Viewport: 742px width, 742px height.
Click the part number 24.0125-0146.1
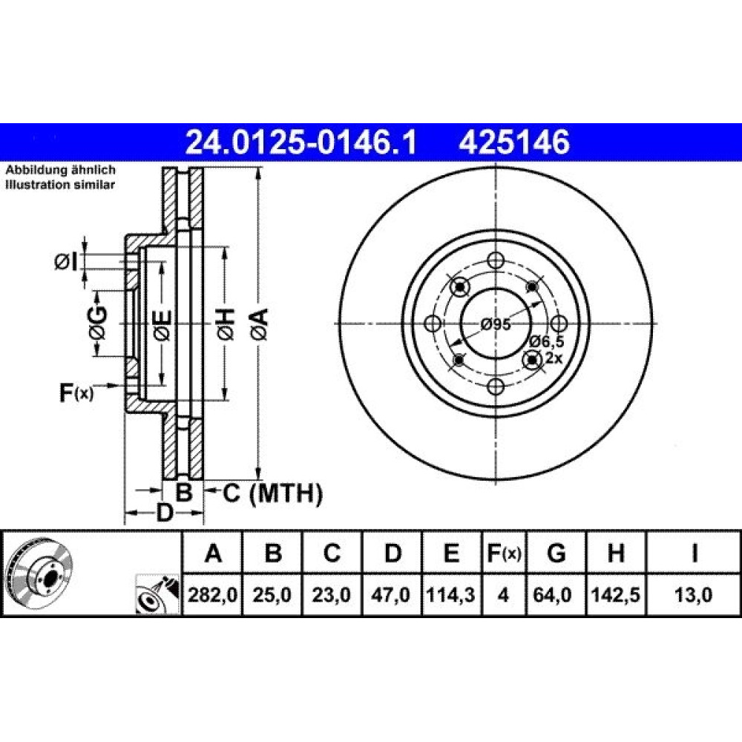coord(301,142)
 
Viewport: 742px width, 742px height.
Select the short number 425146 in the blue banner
coord(514,142)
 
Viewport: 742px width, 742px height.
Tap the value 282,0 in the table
coord(212,594)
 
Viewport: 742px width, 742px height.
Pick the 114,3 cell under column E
coord(450,594)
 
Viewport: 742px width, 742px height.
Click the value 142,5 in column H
coord(616,594)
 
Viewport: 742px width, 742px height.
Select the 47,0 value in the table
coord(390,594)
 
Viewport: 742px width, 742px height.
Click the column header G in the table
coord(556,553)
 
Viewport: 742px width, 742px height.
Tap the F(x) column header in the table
coord(504,553)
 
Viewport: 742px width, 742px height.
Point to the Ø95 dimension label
coord(495,325)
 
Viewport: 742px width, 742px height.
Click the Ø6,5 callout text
coord(547,341)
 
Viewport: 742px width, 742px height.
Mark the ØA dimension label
coord(260,324)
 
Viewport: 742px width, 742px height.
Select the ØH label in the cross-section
coord(226,324)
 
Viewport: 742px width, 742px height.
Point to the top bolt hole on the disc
coord(496,260)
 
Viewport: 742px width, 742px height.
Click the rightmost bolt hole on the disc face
coord(559,324)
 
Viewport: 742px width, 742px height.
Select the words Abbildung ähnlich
coord(60,170)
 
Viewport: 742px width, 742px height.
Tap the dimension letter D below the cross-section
coord(164,513)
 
